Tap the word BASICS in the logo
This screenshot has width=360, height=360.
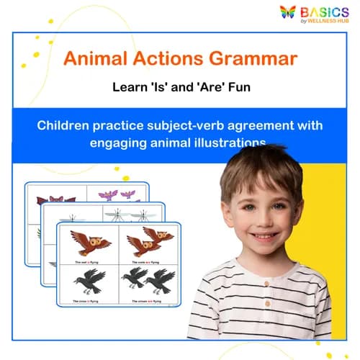325,11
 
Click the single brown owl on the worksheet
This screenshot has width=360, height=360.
91,242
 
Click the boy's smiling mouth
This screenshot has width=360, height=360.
265,235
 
